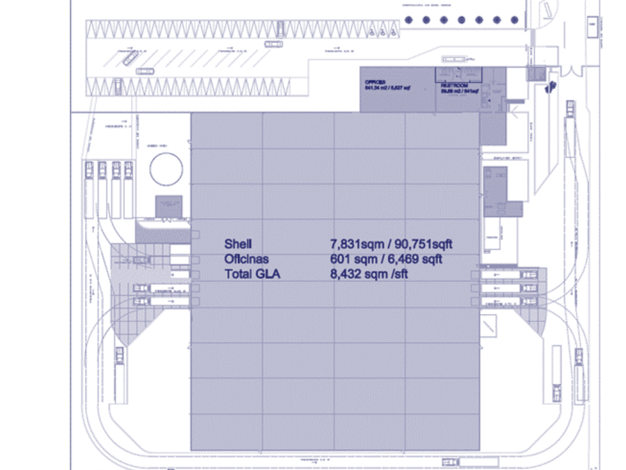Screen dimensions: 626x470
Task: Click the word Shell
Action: click(238, 243)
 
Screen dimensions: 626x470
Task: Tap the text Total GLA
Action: click(253, 274)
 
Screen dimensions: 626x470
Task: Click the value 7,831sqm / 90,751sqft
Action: click(392, 243)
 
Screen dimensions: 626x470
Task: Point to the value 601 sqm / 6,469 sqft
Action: click(386, 259)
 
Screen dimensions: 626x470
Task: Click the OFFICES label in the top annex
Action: click(374, 81)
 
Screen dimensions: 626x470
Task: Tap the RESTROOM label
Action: click(452, 85)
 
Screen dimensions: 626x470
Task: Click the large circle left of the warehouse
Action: click(166, 169)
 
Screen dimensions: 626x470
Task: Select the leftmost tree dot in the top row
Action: click(407, 20)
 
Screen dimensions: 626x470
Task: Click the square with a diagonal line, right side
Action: click(489, 326)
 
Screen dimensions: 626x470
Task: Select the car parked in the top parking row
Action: click(281, 28)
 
